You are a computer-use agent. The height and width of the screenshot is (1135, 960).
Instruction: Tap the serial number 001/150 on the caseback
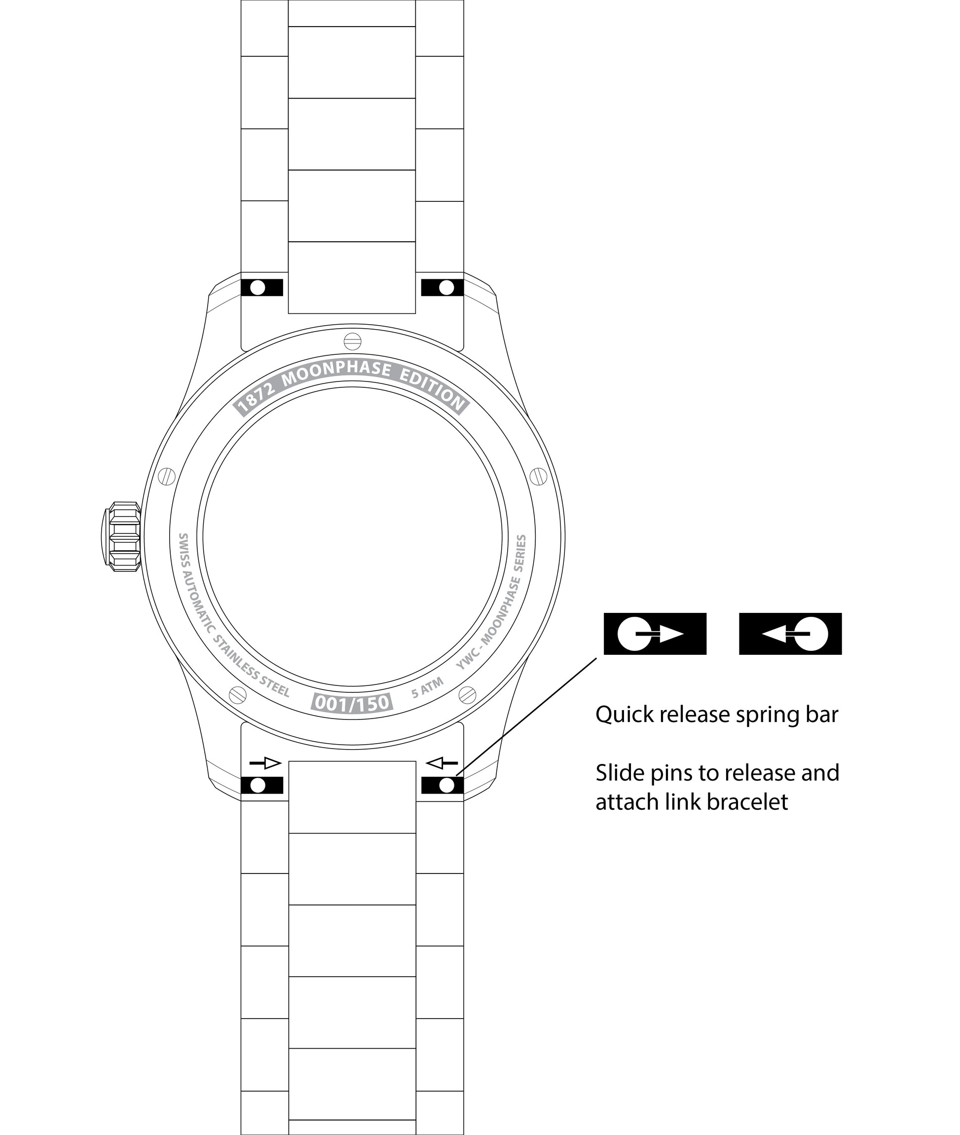353,703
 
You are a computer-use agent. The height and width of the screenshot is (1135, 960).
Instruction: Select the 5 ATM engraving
428,687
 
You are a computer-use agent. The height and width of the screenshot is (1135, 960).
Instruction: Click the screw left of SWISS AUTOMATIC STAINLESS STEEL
238,695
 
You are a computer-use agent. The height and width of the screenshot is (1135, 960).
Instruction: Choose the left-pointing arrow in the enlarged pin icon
774,634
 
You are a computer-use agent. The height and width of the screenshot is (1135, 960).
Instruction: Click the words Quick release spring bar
717,715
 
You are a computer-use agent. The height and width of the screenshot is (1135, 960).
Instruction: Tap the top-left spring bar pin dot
258,287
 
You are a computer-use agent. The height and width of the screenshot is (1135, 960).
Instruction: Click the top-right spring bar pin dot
446,287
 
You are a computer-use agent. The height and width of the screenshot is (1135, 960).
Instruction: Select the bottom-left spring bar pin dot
258,785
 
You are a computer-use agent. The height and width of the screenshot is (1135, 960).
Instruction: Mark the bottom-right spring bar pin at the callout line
446,785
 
